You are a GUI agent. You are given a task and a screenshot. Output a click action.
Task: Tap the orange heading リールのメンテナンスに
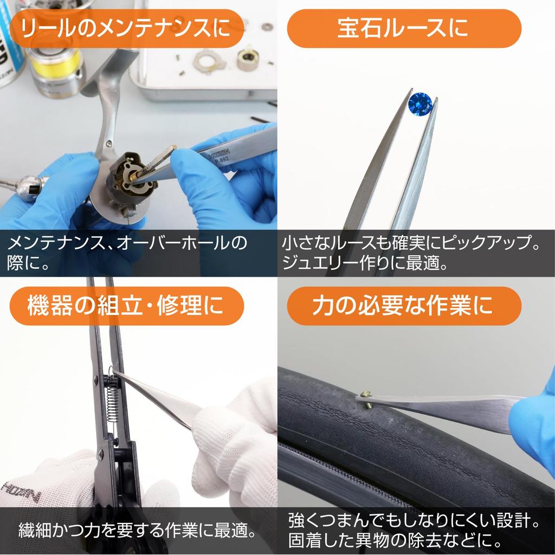coord(127,29)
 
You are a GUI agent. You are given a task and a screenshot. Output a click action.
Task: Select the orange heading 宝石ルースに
coord(403,29)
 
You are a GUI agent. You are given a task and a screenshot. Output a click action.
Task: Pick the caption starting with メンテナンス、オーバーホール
coord(127,243)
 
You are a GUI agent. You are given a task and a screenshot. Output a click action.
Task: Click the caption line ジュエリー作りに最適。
coord(364,264)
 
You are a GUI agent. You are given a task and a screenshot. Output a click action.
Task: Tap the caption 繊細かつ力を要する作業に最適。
coord(138,529)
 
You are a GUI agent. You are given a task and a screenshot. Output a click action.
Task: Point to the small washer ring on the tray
coord(267,26)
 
